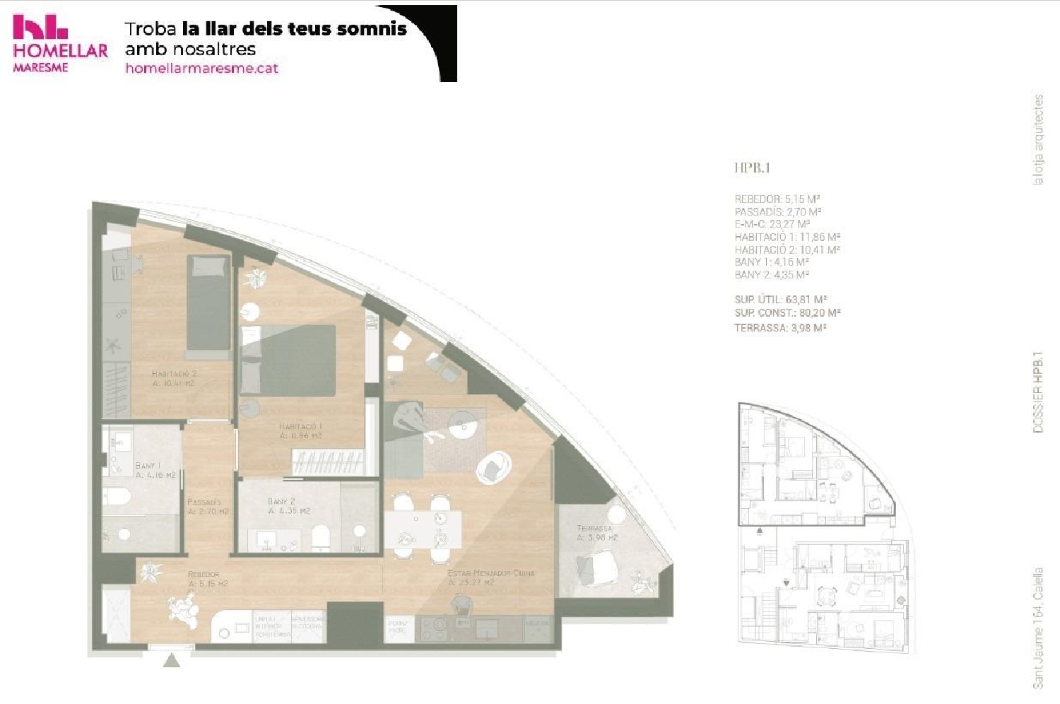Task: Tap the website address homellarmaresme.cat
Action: [201, 69]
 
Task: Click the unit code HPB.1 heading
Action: [752, 168]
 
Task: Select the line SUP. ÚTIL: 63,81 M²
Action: [780, 300]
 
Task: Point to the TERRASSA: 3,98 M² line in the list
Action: [780, 328]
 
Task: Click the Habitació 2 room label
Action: [173, 378]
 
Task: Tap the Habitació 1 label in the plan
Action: [300, 431]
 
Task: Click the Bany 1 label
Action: [155, 470]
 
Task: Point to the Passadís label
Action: [206, 506]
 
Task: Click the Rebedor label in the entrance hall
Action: [207, 579]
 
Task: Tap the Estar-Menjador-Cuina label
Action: [490, 577]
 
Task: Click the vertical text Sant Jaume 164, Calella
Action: [1037, 628]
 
